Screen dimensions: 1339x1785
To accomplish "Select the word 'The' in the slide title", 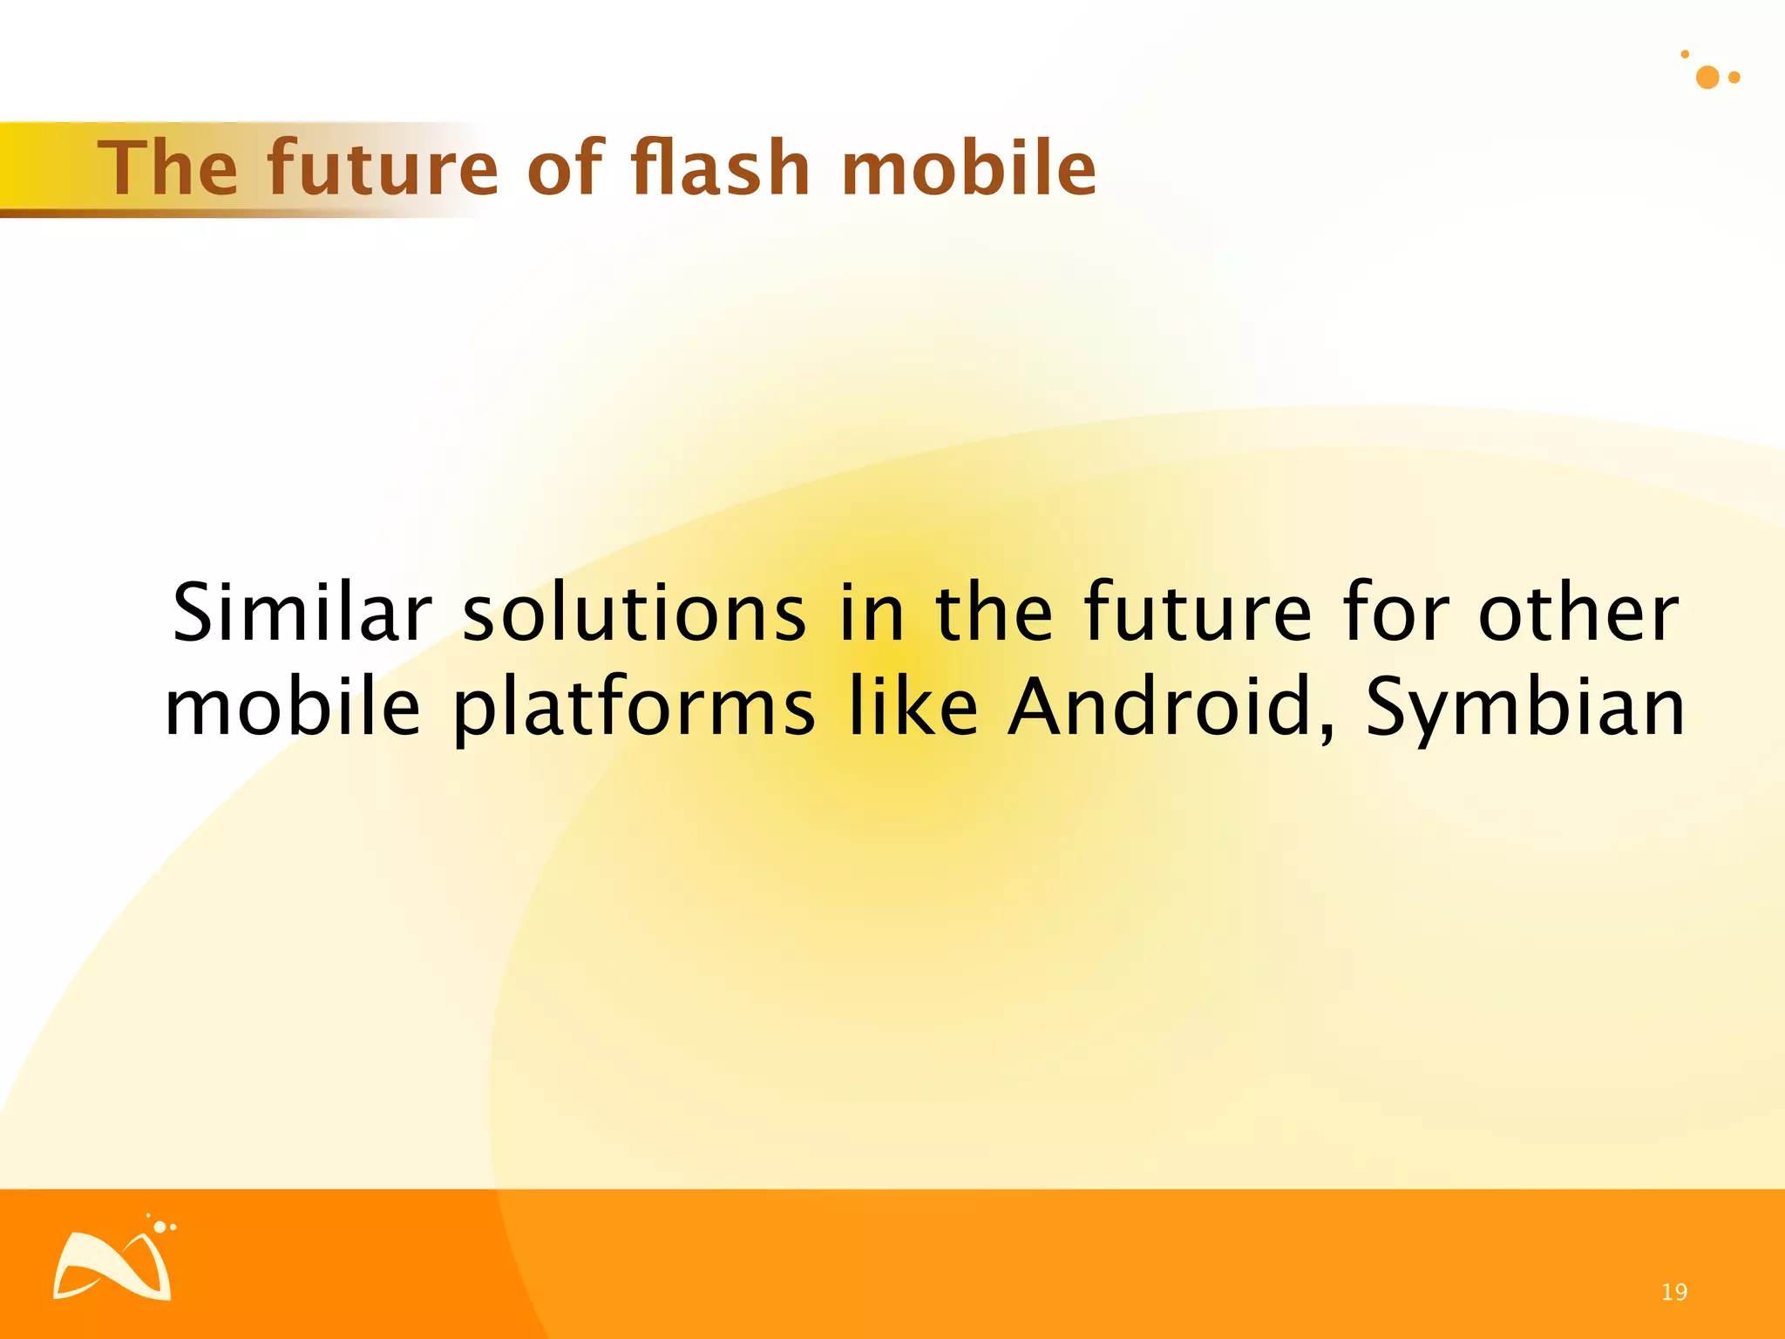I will pyautogui.click(x=167, y=168).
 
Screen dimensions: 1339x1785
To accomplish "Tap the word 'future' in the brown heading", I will pyautogui.click(x=383, y=168).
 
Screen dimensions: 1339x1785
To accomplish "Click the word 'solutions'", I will pyautogui.click(x=634, y=613).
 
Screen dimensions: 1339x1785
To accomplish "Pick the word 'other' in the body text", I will pyautogui.click(x=1578, y=613).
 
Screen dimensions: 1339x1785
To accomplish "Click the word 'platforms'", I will pyautogui.click(x=634, y=709).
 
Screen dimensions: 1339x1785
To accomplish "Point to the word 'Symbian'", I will pyautogui.click(x=1525, y=709).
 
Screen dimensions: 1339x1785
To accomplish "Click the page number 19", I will pyautogui.click(x=1674, y=1292).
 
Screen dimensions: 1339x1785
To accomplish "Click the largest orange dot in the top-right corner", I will pyautogui.click(x=1707, y=78).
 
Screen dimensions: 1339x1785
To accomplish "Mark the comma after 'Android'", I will pyautogui.click(x=1327, y=733).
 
